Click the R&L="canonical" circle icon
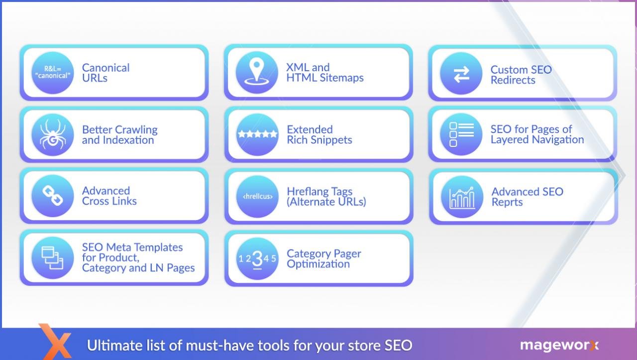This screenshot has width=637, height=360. pos(53,73)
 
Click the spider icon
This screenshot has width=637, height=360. pos(53,134)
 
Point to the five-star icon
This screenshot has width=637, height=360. pos(257,134)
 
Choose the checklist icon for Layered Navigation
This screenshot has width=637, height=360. pos(461,134)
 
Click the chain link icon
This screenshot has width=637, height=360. pos(53,196)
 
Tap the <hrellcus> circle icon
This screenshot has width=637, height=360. pos(257,196)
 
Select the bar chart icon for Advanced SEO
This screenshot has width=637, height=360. pos(462,197)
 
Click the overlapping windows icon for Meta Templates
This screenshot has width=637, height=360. pos(53,258)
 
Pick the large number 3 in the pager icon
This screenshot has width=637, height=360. pos(257,259)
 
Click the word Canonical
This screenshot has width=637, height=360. pos(106,68)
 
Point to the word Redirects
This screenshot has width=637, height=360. pos(513,80)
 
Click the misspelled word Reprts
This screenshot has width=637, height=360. pos(507,202)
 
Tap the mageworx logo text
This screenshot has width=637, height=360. pos(559,345)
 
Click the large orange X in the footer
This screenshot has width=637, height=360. pos(55,342)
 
